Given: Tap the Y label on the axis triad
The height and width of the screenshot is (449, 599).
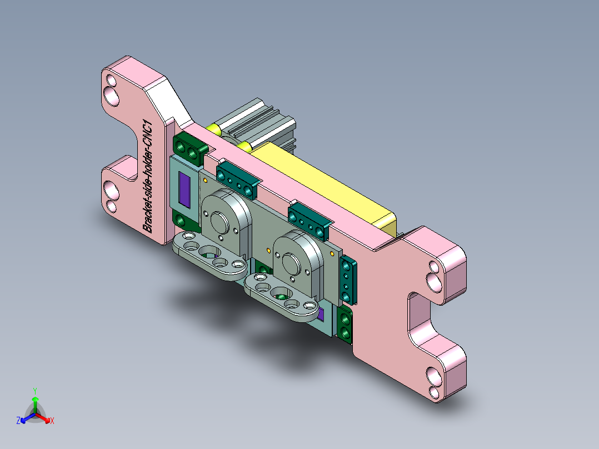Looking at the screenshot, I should point(34,390).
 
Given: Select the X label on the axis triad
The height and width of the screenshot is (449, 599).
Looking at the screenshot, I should point(52,421).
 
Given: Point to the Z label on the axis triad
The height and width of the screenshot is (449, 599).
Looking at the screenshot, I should point(18,421).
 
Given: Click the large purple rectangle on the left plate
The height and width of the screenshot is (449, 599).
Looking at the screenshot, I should point(184,188).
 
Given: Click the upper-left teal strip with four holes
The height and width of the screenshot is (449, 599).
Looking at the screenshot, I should point(237,179).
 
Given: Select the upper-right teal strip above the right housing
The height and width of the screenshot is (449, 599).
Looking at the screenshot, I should point(309,220).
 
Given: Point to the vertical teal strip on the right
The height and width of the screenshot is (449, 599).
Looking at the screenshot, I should point(348,281).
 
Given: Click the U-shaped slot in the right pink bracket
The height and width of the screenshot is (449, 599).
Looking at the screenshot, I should point(419,317).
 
